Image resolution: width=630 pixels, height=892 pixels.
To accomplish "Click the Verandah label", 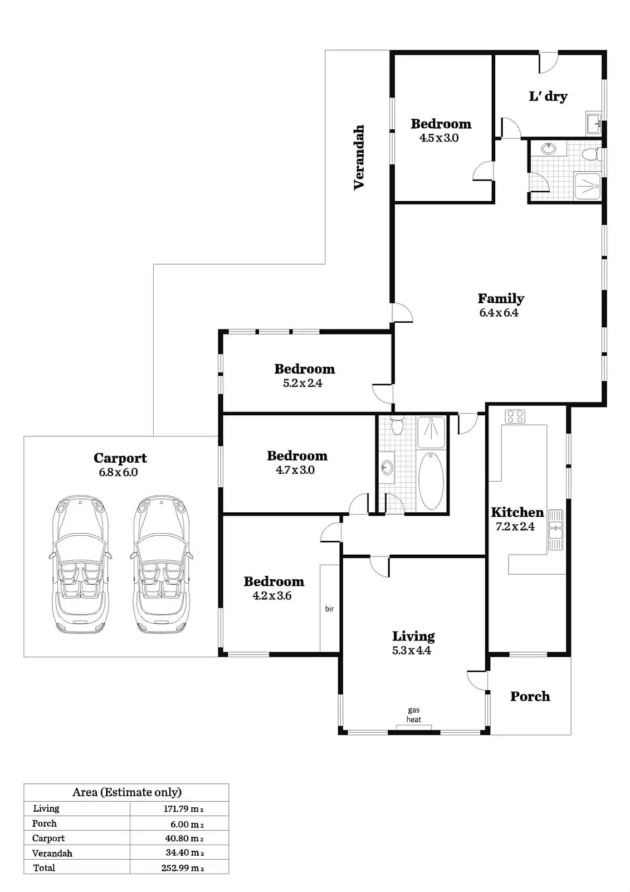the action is point(359,157).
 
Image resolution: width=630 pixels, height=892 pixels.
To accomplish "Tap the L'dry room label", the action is point(548,96).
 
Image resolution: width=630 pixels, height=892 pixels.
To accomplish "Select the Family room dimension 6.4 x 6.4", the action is point(499,313).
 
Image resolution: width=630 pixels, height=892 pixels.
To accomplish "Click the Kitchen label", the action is point(517,512).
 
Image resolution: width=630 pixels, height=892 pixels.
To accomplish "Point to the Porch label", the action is point(530,696).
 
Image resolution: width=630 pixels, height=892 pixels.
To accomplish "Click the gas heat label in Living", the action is point(414,715).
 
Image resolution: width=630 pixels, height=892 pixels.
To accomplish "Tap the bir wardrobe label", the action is point(329,609).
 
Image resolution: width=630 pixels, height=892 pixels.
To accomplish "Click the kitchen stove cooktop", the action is point(515,416).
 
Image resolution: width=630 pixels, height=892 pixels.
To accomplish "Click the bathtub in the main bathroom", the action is point(431,481).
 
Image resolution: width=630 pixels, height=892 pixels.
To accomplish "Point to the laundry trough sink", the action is point(593,123).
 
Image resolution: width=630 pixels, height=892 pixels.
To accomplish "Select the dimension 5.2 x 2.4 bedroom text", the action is point(302,383).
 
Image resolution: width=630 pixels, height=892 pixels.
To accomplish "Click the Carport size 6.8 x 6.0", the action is point(118,472).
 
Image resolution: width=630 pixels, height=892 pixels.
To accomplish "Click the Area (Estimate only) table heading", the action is point(127,792).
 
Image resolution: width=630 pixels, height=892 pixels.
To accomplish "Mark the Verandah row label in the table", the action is point(52,853).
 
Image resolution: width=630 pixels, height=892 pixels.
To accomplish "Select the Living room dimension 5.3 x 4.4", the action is point(412,650).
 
